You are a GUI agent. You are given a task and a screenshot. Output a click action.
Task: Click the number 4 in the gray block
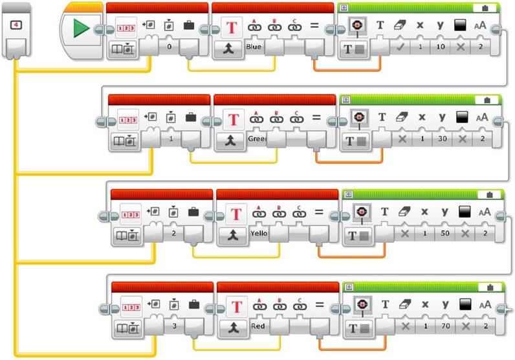[17, 26]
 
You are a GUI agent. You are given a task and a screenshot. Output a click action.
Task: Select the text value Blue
[254, 47]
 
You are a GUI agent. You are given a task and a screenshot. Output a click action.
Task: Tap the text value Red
[257, 327]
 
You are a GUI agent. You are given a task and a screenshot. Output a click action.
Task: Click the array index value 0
[168, 47]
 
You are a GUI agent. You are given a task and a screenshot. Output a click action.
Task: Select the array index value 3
[174, 327]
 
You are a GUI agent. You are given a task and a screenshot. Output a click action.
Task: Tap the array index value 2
[173, 232]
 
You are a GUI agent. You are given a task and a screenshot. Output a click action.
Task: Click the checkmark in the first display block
[401, 47]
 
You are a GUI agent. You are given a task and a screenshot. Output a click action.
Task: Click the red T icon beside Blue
[231, 27]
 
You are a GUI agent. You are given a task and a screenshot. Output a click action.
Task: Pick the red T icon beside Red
[236, 306]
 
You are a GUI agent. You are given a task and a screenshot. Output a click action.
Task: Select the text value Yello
[258, 232]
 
